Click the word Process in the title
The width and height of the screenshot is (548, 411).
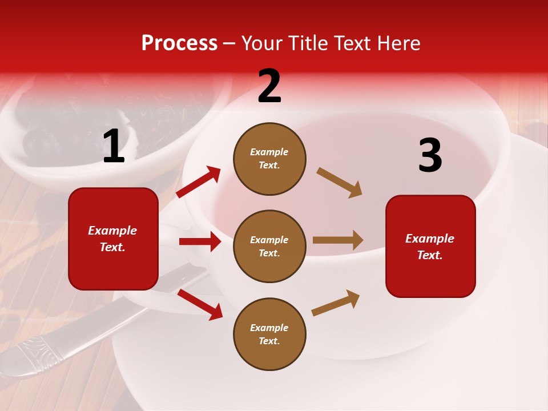pos(179,43)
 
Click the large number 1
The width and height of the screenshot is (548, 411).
pos(114,147)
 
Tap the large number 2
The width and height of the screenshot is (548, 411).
pos(269,86)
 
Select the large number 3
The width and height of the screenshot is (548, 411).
pos(430,156)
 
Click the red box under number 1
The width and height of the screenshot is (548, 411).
pos(113,239)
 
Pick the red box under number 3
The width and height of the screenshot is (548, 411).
pos(430,246)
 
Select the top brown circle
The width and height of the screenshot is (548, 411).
pos(269,159)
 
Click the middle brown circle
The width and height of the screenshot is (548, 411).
pos(269,246)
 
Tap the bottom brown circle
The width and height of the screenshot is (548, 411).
pos(269,334)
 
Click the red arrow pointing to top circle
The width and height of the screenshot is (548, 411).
pos(199,182)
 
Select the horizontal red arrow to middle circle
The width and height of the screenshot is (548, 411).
pos(200,241)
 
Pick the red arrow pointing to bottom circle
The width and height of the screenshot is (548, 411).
pos(200,304)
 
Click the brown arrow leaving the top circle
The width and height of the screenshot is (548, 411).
pos(340,182)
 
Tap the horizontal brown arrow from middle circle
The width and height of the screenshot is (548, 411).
pos(338,240)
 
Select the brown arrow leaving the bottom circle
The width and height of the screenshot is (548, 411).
pos(336,303)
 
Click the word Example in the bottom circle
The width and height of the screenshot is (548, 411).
pos(269,328)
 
